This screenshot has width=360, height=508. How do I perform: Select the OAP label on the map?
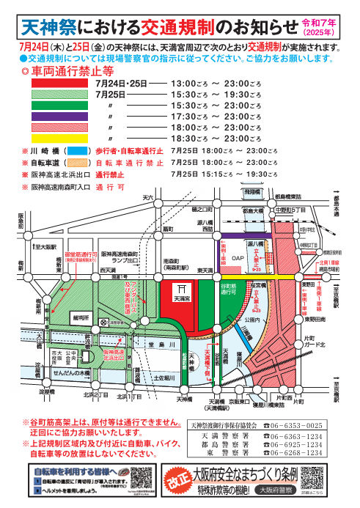(x=237, y=258)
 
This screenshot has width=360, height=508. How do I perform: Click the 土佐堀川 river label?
(x=167, y=377)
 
